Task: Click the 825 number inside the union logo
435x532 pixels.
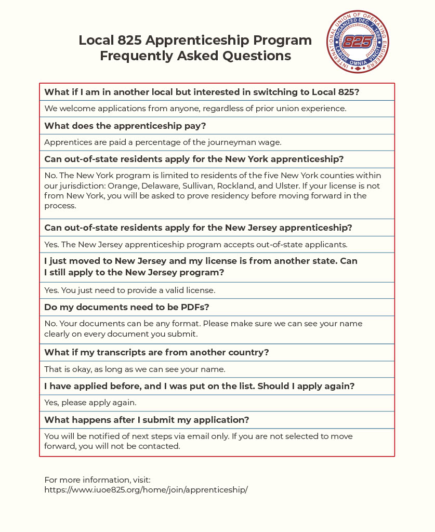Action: [x=357, y=42]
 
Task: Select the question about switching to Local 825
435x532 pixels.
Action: [x=202, y=92]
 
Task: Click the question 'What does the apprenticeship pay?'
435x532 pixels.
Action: [x=125, y=126]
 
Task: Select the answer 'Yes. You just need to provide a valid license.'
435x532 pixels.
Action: [x=130, y=290]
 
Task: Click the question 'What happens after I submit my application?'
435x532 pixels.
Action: [x=147, y=420]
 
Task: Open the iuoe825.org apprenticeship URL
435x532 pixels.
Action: [x=146, y=490]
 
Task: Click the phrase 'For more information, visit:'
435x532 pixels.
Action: [x=97, y=480]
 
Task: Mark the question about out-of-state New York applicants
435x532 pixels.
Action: [x=194, y=159]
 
